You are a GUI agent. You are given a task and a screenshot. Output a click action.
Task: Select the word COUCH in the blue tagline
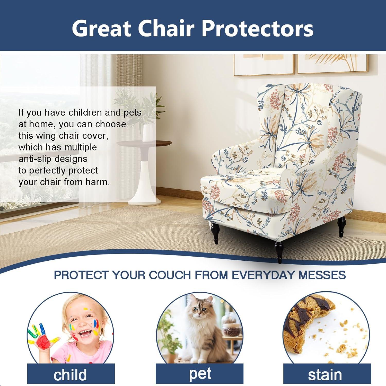(171, 275)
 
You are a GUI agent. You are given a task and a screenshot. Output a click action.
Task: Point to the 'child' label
(70, 375)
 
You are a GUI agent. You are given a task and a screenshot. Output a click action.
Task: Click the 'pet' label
(200, 374)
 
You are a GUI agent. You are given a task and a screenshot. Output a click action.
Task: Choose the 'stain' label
(325, 375)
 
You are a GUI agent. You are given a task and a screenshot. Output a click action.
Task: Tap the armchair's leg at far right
(342, 226)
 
